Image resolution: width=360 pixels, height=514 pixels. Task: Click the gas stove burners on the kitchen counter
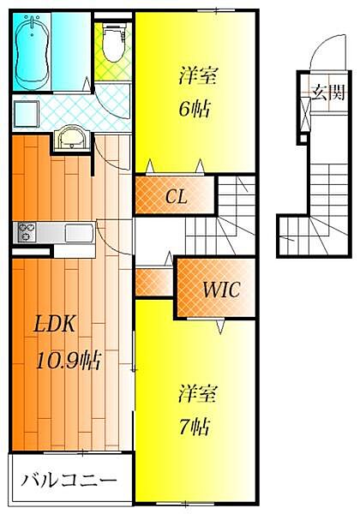point(25,232)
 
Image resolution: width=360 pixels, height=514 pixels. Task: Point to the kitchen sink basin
point(79,233)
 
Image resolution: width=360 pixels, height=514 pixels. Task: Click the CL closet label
point(176,196)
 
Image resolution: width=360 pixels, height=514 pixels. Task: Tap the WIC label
point(221,290)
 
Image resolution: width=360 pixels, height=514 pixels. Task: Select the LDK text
point(54,324)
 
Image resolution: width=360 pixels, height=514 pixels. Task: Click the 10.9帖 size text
point(69,361)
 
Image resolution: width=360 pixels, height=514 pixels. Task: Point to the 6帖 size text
point(195,109)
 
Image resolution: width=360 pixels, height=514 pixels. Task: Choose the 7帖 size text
point(195,427)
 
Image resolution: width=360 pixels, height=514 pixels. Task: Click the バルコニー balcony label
point(69,481)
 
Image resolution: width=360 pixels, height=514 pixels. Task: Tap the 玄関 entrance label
point(328,93)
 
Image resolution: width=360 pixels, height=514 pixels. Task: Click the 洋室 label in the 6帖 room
point(198,75)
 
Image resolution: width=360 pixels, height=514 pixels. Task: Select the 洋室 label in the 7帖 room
point(198,393)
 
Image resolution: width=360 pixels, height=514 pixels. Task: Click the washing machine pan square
point(27,114)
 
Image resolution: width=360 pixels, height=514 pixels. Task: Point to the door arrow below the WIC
point(221,326)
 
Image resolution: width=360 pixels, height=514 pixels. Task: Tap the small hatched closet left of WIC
point(154,282)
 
